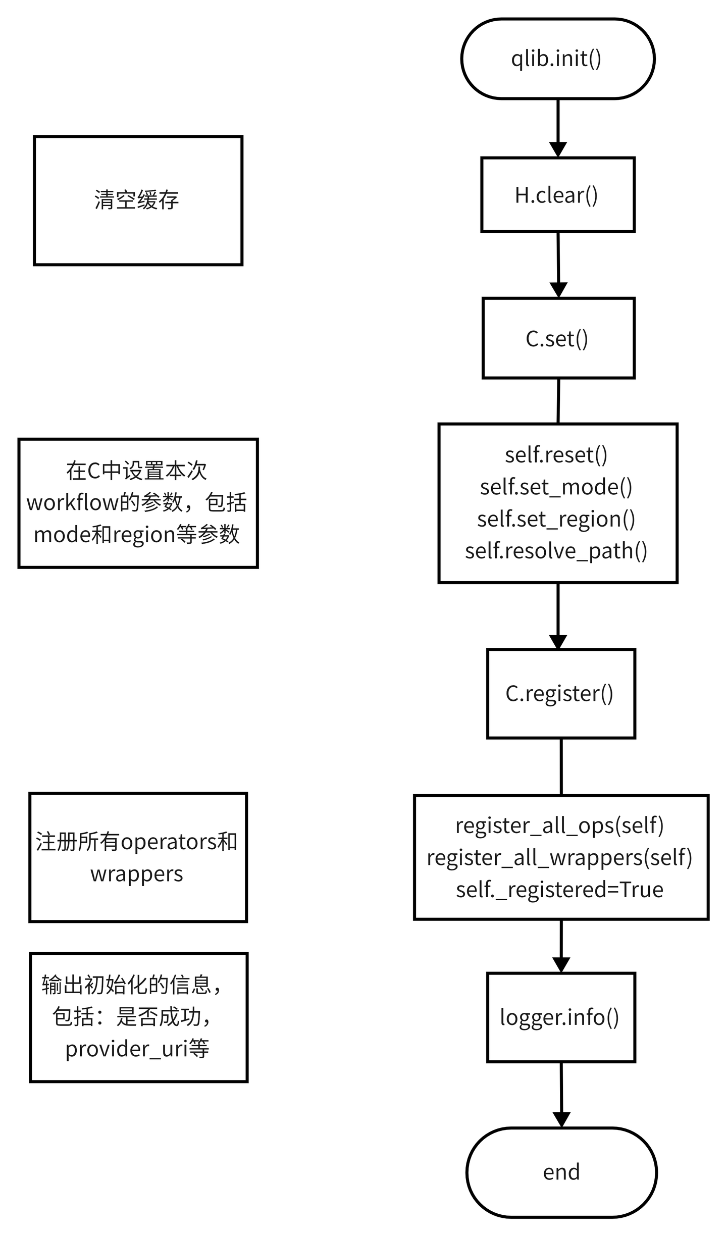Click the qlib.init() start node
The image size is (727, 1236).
coord(557,59)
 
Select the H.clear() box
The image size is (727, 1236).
coord(557,195)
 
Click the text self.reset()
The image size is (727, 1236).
coord(556,454)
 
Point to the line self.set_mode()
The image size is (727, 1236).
coord(556,487)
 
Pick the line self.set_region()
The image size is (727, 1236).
coord(556,519)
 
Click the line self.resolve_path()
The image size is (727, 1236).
coord(556,551)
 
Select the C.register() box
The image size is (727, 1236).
coord(560,693)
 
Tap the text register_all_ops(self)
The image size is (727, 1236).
coord(559,826)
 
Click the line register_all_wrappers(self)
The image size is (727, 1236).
coord(559,857)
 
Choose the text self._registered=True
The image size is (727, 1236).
coord(559,889)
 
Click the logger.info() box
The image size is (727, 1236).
coord(560,1017)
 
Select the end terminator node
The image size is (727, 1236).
coord(561,1171)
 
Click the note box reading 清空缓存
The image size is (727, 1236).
coord(137,200)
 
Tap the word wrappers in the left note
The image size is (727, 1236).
coord(137,874)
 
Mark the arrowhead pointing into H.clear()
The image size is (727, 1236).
coord(558,149)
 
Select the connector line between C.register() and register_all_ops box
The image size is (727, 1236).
coord(561,766)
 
